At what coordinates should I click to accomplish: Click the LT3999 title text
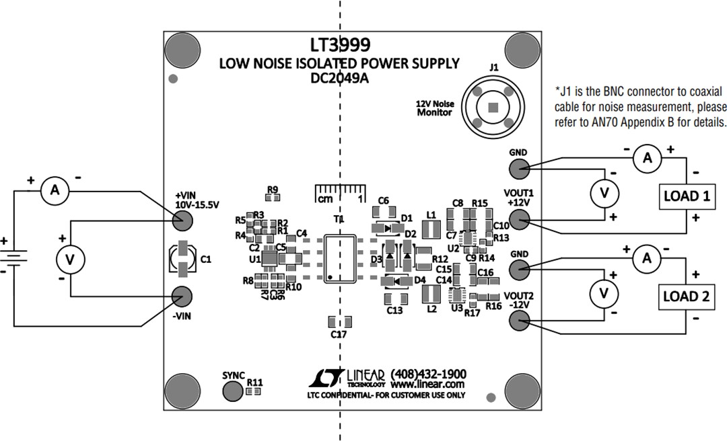340,45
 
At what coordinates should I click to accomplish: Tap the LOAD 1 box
686,196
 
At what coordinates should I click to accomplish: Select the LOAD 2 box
686,296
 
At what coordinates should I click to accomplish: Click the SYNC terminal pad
234,391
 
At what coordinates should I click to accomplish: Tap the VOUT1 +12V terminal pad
518,219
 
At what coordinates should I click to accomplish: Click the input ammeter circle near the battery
56,192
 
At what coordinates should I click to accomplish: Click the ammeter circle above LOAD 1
647,158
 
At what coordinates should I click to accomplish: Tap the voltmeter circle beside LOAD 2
604,293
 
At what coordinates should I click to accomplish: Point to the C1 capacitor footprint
182,259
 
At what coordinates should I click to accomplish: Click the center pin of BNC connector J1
493,107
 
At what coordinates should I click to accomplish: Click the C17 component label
339,334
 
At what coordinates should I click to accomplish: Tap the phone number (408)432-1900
428,374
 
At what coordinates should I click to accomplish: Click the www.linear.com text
427,385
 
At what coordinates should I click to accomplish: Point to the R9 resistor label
272,190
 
